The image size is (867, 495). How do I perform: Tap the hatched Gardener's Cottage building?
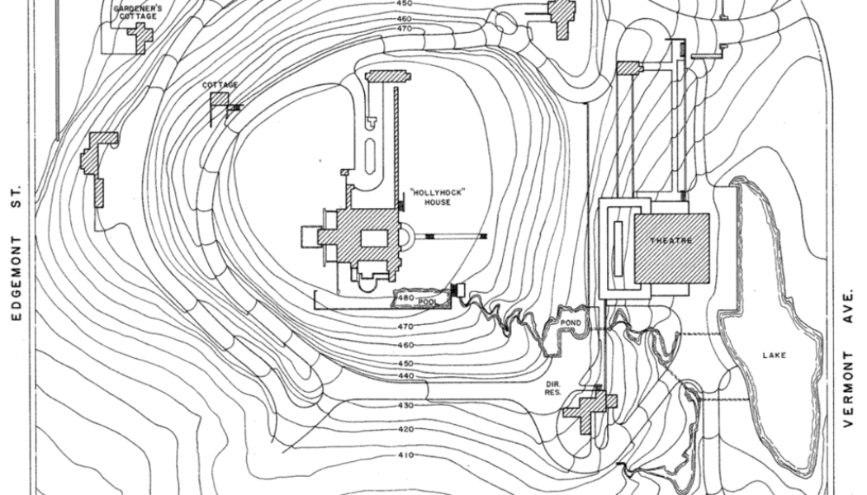[x=140, y=35]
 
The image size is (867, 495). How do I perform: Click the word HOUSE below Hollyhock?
[x=437, y=202]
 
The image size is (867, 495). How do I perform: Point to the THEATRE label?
[x=671, y=240]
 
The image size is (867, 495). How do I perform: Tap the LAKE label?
[x=775, y=356]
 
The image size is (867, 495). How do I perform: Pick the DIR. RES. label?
[x=553, y=388]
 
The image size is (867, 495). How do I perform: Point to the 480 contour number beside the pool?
[x=405, y=298]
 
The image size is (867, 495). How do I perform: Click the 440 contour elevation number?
[x=405, y=376]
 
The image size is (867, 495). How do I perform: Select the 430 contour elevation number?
[x=405, y=405]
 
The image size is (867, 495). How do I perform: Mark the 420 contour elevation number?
[x=405, y=430]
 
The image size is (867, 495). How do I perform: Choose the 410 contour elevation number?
[x=405, y=455]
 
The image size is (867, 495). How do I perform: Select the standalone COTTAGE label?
[x=220, y=85]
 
